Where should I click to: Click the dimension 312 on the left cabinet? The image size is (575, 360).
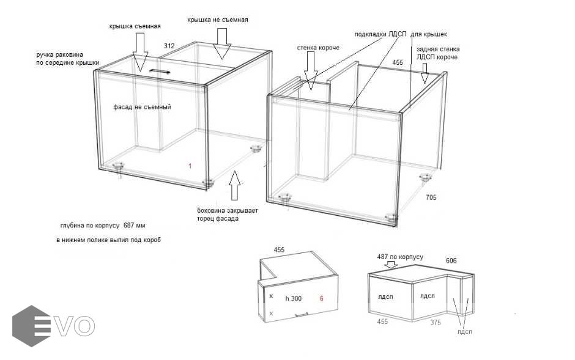coord(169,46)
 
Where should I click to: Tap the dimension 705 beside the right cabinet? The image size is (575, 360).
coord(431,197)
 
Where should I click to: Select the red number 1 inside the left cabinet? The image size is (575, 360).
coord(190,166)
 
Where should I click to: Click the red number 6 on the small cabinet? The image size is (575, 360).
coord(322,298)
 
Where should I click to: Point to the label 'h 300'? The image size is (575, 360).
coord(294,298)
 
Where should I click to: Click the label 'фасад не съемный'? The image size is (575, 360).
coord(142,107)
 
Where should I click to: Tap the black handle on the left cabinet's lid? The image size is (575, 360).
coord(160,71)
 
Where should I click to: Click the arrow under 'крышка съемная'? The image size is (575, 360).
coord(141,51)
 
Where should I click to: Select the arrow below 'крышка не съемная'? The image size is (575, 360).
coord(222,43)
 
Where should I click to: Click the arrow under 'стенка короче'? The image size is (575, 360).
coord(311,71)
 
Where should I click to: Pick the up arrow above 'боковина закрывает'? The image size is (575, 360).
coord(235,185)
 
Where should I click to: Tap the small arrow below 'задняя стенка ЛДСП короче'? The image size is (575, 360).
coord(425,73)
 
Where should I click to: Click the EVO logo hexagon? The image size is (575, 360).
coord(31,326)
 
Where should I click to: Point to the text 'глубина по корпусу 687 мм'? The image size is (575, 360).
coord(103,225)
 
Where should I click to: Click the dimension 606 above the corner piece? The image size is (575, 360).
coord(451,260)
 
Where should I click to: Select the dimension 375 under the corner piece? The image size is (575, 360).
coord(436,322)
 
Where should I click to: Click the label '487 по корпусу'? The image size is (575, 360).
coord(400,257)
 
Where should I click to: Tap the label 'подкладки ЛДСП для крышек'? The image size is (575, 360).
coord(401,34)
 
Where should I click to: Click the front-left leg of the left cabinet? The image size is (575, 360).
coord(118,167)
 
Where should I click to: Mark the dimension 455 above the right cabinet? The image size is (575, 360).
coord(398,62)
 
